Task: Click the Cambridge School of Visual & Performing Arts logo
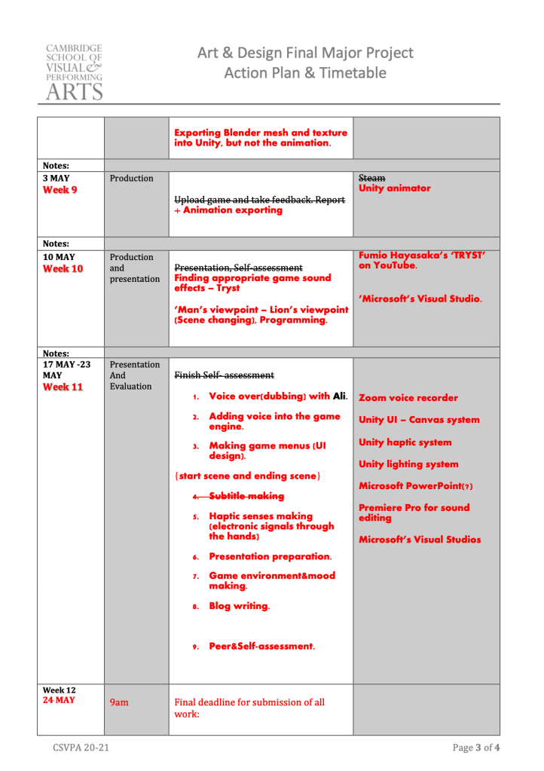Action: point(74,72)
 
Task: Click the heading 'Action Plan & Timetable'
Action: point(305,73)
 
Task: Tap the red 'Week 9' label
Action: point(60,190)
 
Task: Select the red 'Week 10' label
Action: point(63,269)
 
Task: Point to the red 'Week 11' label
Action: point(63,387)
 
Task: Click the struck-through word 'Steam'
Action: point(372,178)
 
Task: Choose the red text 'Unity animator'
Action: point(395,188)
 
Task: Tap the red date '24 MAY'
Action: point(59,700)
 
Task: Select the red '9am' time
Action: point(119,702)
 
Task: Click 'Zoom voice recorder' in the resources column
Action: point(408,398)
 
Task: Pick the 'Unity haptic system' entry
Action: point(405,442)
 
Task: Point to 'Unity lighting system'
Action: point(408,464)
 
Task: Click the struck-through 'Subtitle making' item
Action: point(246,496)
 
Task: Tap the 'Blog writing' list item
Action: point(240,606)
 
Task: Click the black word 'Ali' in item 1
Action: point(340,396)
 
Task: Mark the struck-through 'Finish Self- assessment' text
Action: point(224,375)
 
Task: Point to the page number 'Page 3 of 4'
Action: point(476,748)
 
